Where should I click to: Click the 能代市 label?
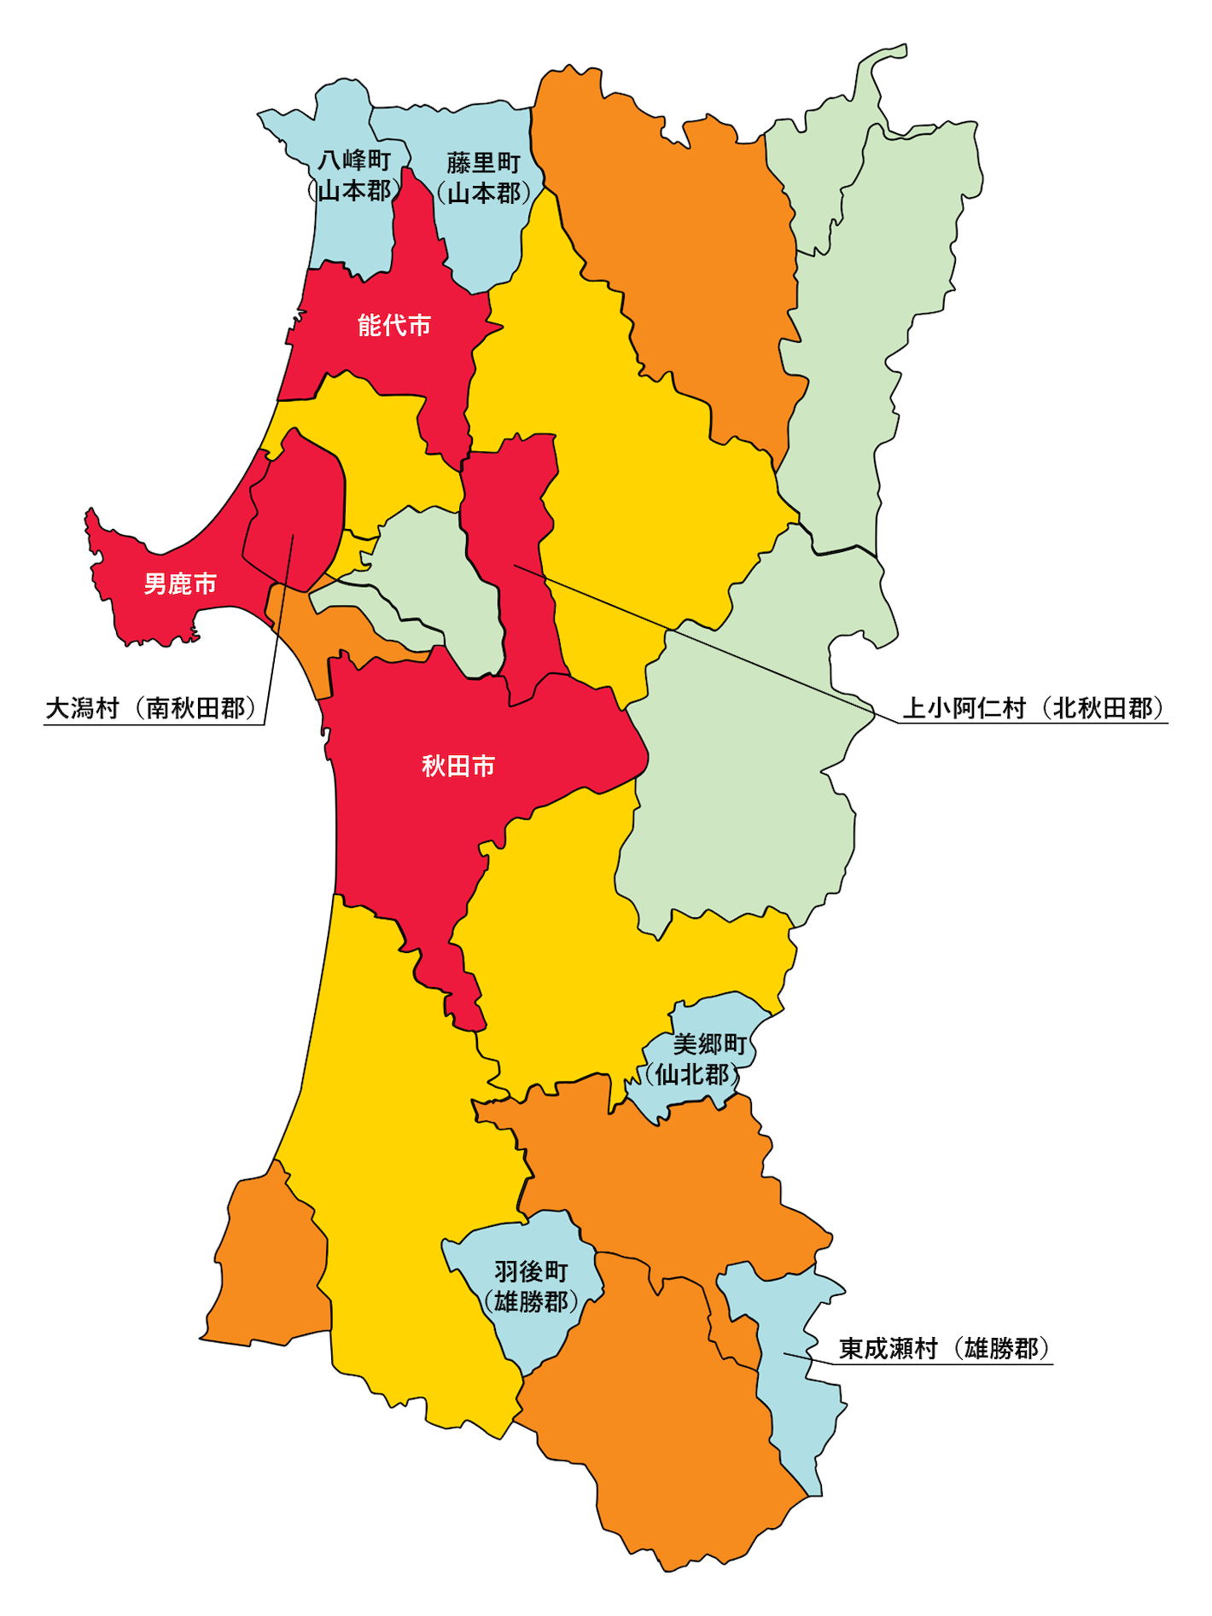(393, 325)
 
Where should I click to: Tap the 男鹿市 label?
(180, 584)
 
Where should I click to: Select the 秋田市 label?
(458, 766)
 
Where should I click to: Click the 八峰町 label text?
(354, 160)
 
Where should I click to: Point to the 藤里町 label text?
(483, 162)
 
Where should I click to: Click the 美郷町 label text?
(709, 1044)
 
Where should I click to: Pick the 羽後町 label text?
(531, 1271)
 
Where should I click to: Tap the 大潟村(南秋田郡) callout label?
(151, 708)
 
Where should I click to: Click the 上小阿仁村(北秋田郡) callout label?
(1034, 708)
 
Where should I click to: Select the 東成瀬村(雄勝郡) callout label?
(943, 1348)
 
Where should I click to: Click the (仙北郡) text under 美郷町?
(692, 1074)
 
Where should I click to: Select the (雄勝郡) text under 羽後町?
(531, 1302)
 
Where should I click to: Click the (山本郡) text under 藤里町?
(483, 193)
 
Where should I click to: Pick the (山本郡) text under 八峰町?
(354, 190)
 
